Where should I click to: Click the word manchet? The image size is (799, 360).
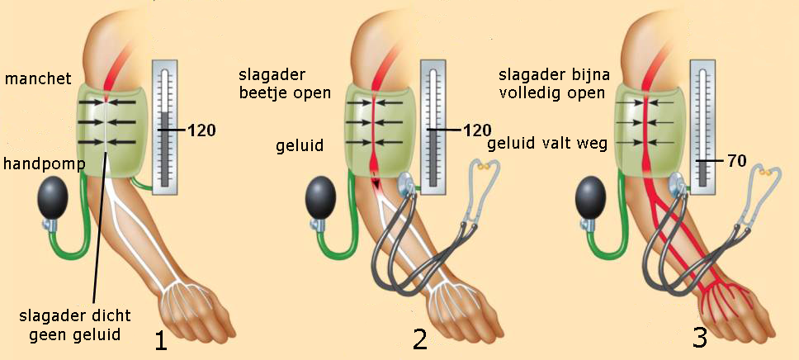click(x=38, y=78)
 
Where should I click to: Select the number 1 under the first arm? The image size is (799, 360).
click(x=161, y=339)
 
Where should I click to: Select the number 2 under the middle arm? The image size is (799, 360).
click(x=421, y=339)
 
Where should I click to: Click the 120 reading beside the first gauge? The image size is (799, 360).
click(x=201, y=130)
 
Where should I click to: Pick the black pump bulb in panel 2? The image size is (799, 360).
click(x=322, y=201)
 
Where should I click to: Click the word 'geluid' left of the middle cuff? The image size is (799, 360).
click(x=300, y=146)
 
